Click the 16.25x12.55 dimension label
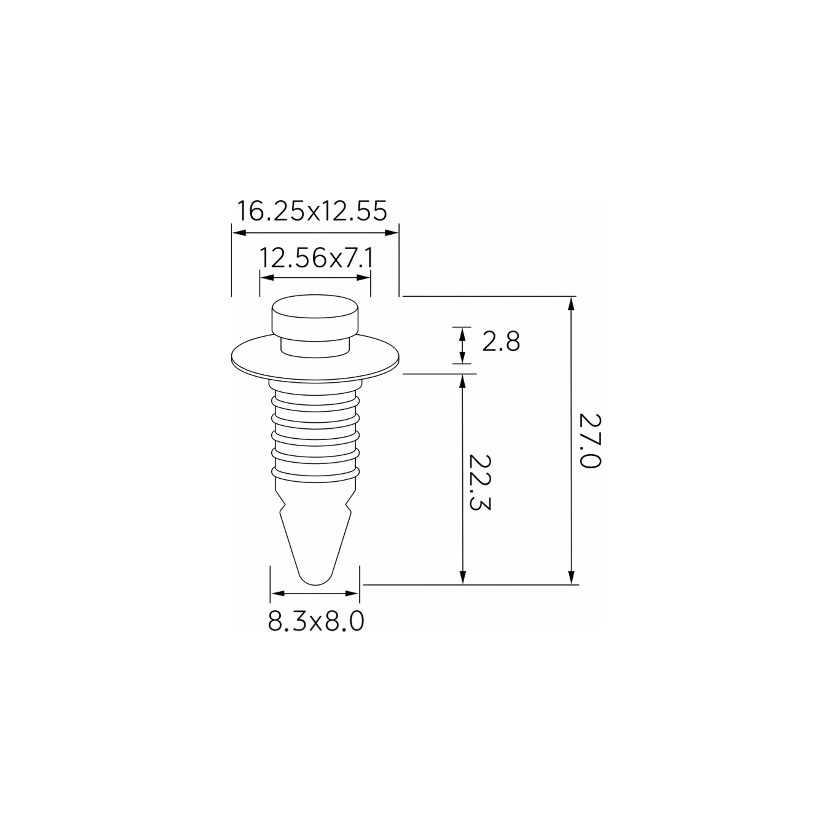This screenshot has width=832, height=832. [312, 211]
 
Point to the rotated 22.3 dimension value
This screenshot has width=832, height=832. [479, 482]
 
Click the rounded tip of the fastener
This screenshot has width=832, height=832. [315, 577]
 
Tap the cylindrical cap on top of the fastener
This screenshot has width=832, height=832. [315, 316]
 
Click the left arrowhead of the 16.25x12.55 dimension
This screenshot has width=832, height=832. [239, 233]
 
